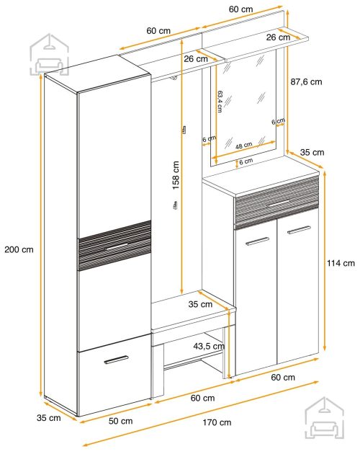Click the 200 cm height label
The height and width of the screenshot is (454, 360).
click(x=19, y=249)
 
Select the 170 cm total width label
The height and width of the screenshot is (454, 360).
click(x=217, y=422)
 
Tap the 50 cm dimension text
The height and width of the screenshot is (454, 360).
click(x=121, y=421)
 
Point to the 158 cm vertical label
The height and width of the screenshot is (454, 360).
click(x=176, y=175)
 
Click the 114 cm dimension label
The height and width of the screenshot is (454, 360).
click(x=341, y=263)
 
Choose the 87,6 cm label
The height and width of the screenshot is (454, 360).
click(x=306, y=82)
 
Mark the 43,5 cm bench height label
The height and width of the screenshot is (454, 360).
click(x=209, y=346)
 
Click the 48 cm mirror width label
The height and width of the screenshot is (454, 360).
click(x=243, y=146)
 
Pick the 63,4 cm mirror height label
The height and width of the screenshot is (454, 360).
click(x=220, y=102)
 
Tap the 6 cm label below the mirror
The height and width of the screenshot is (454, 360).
click(x=246, y=161)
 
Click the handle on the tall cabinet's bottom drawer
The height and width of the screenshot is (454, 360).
click(x=116, y=360)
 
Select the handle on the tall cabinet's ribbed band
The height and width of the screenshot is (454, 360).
click(x=117, y=246)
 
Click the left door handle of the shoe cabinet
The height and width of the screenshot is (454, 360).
click(x=257, y=241)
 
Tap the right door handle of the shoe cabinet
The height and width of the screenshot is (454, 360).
click(x=300, y=230)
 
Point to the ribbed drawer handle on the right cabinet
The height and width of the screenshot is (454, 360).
click(x=279, y=202)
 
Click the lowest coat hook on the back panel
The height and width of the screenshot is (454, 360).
click(x=175, y=205)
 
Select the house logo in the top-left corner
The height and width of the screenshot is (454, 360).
click(x=50, y=55)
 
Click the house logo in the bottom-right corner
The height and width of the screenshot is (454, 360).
click(x=325, y=418)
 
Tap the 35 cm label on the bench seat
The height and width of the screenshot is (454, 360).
click(x=200, y=304)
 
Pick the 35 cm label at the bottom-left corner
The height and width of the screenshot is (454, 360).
click(x=49, y=418)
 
